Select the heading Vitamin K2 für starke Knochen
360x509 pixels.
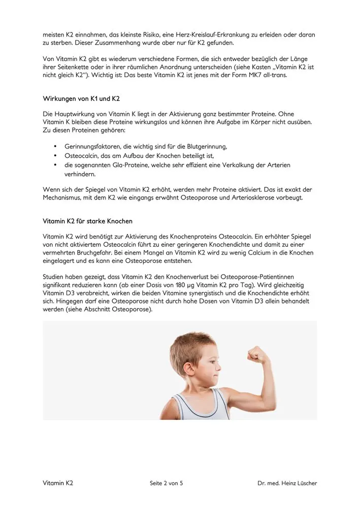[88, 221]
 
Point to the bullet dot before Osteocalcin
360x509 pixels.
[54, 156]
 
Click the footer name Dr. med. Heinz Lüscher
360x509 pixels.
[287, 483]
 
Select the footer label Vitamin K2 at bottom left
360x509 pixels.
[58, 483]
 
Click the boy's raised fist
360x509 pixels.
[257, 354]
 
